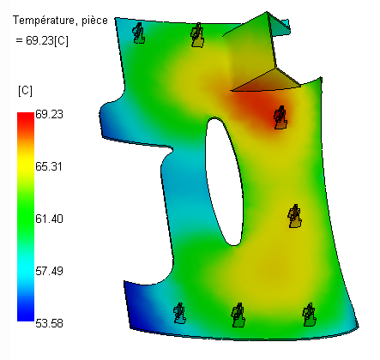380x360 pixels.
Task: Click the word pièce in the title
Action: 94,21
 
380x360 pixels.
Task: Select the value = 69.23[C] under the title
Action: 42,40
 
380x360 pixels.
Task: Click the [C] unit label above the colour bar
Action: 25,91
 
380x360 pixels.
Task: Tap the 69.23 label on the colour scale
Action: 49,114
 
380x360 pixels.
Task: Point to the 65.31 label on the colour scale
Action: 49,166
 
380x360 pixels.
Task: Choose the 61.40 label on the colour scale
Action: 49,219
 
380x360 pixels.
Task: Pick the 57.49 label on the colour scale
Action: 49,271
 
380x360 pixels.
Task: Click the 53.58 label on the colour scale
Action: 49,323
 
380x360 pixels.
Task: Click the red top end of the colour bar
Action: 26,117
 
